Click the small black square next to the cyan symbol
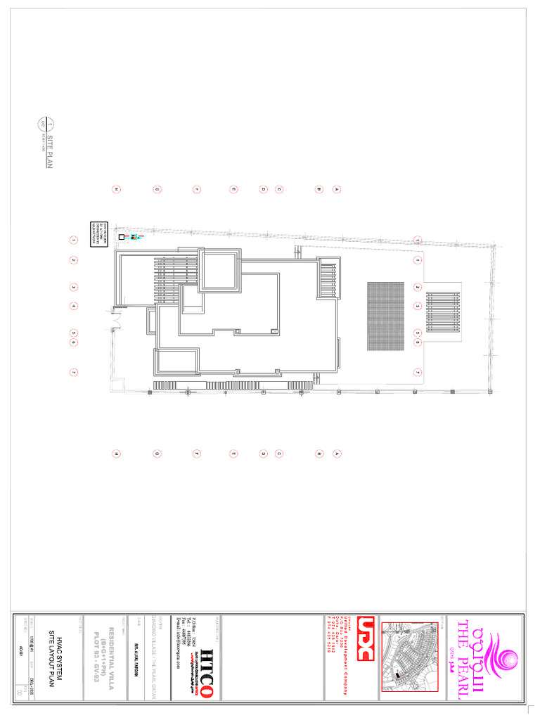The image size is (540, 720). [122, 238]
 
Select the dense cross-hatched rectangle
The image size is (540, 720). [386, 316]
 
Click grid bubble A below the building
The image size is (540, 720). [337, 454]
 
